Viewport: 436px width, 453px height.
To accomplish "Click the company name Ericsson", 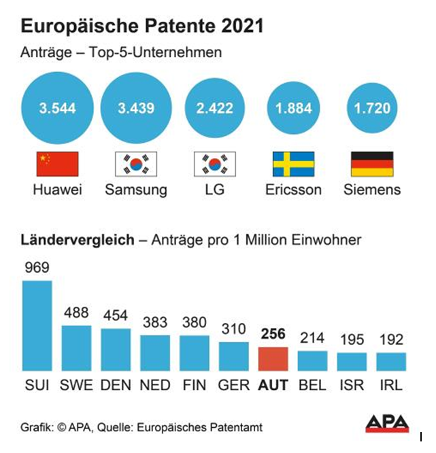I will (x=293, y=190).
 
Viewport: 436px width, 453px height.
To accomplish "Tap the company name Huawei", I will (x=57, y=190).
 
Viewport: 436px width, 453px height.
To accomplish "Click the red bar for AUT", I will (x=273, y=358).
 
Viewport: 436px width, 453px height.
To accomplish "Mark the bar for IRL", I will (x=391, y=361).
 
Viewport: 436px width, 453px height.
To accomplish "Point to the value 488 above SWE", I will (x=76, y=313).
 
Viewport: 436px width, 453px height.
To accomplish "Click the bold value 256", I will (x=273, y=334).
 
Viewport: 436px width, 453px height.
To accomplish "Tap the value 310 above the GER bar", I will (x=234, y=329).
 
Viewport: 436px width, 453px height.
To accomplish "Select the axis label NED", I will (x=155, y=385).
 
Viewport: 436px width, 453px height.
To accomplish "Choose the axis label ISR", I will (x=352, y=385).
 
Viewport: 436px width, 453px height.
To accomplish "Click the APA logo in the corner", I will (x=387, y=423).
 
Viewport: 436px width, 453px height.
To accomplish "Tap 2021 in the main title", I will (x=239, y=27).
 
